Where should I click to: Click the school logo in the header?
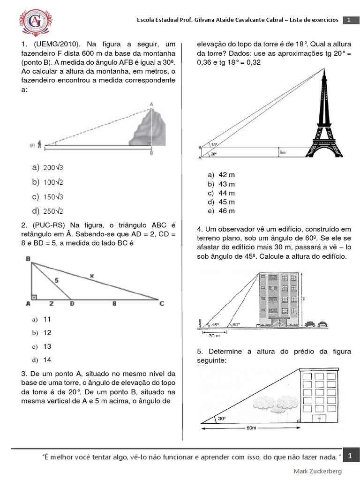pos(35,20)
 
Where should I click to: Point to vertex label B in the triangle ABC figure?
pos(28,258)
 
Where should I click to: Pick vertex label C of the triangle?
pos(162,303)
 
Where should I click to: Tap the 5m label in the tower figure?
pos(283,152)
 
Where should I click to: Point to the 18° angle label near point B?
pos(214,145)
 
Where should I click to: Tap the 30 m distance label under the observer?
pos(215,335)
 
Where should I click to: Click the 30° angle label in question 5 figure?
pos(221,419)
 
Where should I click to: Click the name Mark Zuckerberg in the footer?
pos(317,471)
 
